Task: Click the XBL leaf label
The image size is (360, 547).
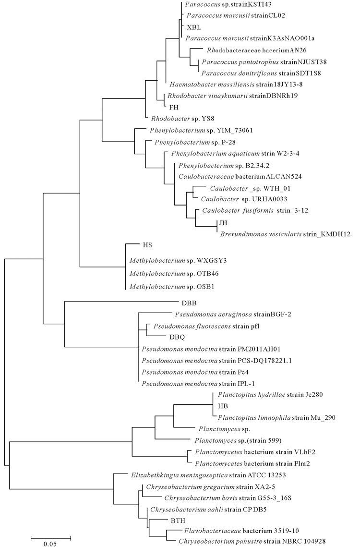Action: [194, 27]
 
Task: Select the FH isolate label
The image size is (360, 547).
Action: [174, 108]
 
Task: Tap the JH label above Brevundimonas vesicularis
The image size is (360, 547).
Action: [223, 223]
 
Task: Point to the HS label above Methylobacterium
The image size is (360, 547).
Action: [147, 245]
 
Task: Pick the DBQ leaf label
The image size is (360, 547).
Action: [177, 337]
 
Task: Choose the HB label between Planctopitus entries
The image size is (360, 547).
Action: [223, 406]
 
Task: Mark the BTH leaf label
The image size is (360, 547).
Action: [178, 521]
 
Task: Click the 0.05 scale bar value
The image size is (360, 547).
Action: [50, 544]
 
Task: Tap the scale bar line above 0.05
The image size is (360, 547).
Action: [50, 536]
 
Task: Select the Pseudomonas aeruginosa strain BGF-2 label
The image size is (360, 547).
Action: [233, 314]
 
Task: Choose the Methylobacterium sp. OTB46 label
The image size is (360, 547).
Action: [174, 274]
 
